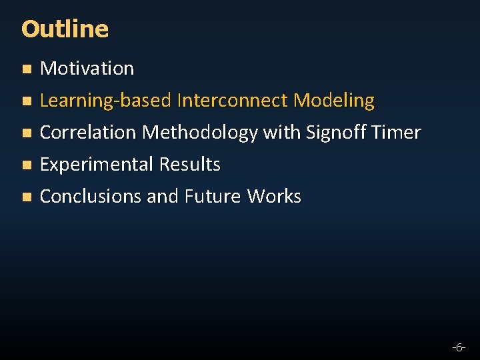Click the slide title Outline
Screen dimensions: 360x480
coord(65,29)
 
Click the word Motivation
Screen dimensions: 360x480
coord(87,68)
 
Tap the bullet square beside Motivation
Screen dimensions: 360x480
coord(26,69)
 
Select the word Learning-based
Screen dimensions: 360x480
coord(106,101)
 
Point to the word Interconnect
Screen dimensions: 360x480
coord(233,101)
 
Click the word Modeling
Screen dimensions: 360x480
coord(334,101)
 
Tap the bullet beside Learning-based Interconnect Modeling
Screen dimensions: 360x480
coord(26,101)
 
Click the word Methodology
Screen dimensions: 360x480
coord(200,133)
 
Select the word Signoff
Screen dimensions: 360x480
coord(336,133)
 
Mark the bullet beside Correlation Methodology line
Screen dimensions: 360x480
coord(26,133)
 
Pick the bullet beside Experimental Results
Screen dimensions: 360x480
coord(26,165)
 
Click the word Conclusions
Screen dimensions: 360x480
coord(91,197)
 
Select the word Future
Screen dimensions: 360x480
coord(213,197)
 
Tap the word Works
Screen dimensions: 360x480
coord(274,197)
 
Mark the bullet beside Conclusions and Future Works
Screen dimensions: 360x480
coord(26,197)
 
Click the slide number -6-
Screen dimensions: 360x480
coord(458,347)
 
